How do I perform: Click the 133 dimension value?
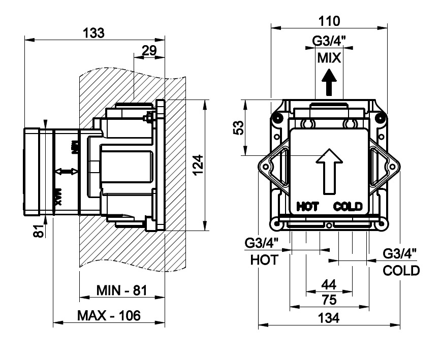[x=94, y=33]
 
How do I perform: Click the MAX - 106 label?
[x=109, y=315]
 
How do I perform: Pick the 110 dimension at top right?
[x=329, y=21]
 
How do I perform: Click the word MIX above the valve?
[x=329, y=57]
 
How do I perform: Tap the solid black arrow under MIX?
[x=329, y=82]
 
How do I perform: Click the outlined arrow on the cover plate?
[x=329, y=170]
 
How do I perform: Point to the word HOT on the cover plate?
[x=307, y=206]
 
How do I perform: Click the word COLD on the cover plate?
[x=348, y=206]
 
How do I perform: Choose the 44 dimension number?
[x=329, y=285]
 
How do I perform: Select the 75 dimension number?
[x=329, y=300]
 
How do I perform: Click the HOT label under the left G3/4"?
[x=265, y=260]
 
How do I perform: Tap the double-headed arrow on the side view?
[x=62, y=172]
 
